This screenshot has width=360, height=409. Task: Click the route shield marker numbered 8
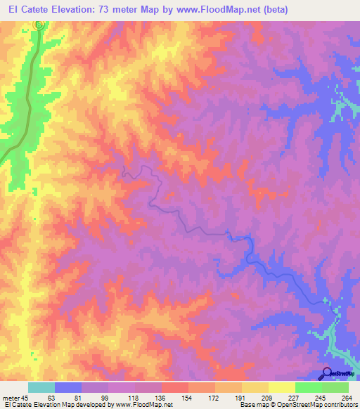pos(39,24)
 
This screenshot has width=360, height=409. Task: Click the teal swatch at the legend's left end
pos(41,387)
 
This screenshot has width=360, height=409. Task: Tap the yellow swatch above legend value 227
pos(281,387)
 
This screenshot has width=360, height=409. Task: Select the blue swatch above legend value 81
pos(68,387)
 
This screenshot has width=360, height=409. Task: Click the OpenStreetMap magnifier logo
pos(326,374)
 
